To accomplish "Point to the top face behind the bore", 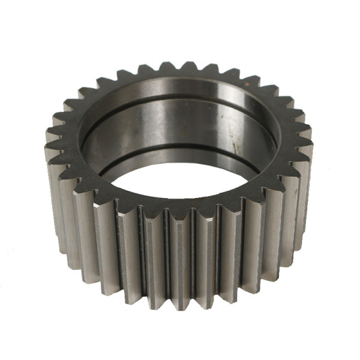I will point(180,76).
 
